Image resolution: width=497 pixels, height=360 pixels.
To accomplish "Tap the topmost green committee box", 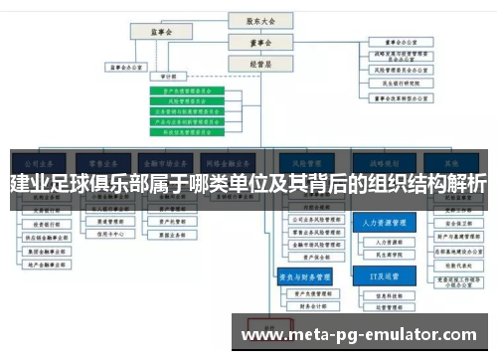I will [186, 90].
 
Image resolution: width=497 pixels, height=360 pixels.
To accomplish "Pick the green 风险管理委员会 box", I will [186, 100].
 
